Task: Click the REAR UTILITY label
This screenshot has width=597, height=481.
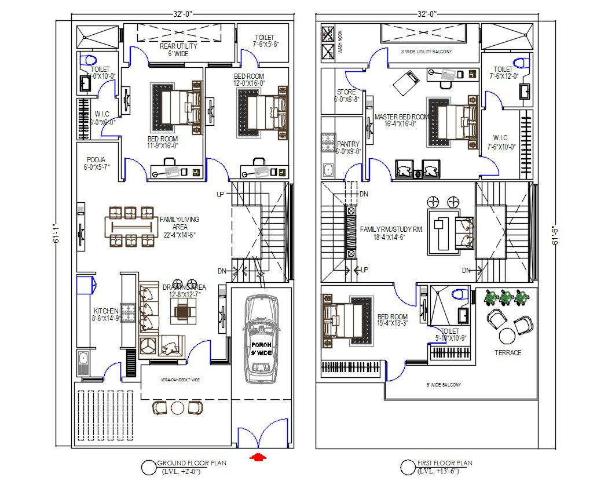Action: [x=178, y=50]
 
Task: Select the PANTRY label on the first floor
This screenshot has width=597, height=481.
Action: [x=348, y=148]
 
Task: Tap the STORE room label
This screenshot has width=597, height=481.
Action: [x=347, y=96]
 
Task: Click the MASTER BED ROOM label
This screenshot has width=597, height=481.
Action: [x=401, y=120]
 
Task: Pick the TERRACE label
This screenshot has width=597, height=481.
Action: [x=508, y=352]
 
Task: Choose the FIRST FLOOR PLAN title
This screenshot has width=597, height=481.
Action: [x=444, y=463]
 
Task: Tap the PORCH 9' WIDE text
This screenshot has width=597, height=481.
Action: [x=261, y=349]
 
